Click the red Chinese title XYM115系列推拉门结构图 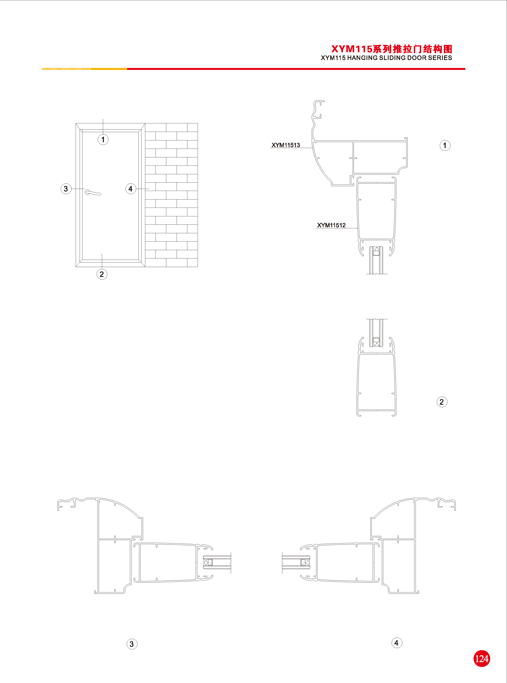[x=392, y=49]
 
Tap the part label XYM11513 [x=286, y=145]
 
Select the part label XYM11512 [x=331, y=225]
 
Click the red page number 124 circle [x=482, y=658]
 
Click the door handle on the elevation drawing [x=93, y=193]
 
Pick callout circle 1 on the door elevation [x=103, y=140]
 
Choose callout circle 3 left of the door [x=66, y=189]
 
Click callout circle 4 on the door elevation [x=131, y=189]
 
